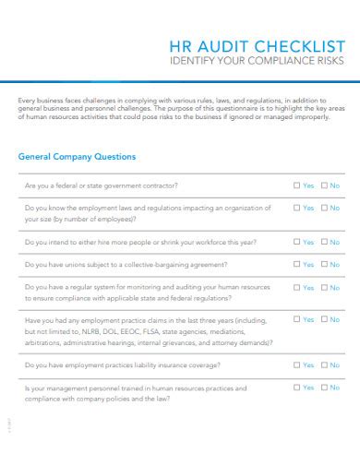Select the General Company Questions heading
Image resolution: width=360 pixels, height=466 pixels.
click(x=77, y=157)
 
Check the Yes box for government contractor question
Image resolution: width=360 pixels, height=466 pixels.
click(x=296, y=185)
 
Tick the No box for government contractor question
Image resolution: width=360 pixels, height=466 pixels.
click(x=323, y=185)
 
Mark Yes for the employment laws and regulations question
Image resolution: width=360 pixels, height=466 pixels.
click(x=296, y=209)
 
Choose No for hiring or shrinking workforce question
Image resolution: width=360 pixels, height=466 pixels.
click(x=323, y=242)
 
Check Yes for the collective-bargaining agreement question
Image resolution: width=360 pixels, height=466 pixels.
click(x=296, y=265)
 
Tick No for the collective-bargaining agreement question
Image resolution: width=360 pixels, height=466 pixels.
click(x=323, y=265)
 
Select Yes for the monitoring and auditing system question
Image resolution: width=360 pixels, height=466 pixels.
click(x=296, y=287)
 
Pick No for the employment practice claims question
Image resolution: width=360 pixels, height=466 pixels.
click(x=323, y=320)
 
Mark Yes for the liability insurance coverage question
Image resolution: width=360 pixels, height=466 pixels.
click(x=296, y=365)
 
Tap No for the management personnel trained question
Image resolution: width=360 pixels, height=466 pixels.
click(x=323, y=388)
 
